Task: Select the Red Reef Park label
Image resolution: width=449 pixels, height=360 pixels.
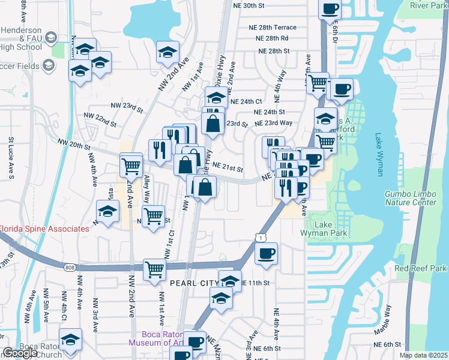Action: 421,267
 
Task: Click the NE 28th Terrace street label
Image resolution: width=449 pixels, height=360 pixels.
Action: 273,28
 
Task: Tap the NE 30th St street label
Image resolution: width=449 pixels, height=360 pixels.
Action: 248,5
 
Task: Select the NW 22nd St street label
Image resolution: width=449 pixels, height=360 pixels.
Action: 100,119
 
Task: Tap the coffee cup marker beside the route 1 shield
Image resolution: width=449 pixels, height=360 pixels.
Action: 266,253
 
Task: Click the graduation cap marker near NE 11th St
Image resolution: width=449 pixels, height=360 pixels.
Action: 229,280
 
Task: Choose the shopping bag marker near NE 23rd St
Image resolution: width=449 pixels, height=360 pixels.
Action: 212,124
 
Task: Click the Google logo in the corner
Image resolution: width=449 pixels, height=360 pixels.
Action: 20,353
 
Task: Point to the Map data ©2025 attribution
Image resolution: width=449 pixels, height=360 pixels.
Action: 424,355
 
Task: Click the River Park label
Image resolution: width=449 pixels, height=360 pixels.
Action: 429,5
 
